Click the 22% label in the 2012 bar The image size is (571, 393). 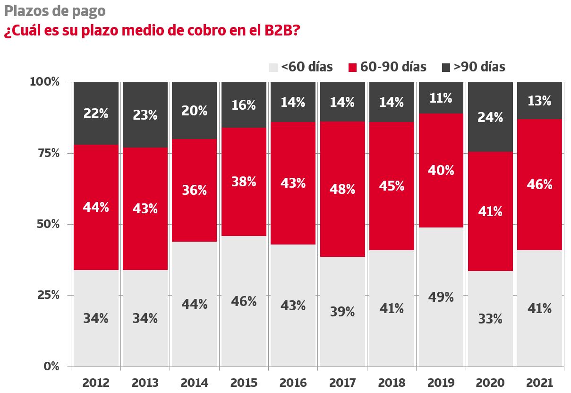pyautogui.click(x=96, y=114)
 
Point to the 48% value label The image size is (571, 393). pyautogui.click(x=342, y=189)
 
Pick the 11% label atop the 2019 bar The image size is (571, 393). pyautogui.click(x=441, y=98)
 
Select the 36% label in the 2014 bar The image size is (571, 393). pyautogui.click(x=195, y=190)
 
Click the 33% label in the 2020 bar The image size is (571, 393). pyautogui.click(x=490, y=319)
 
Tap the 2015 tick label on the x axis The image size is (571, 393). pyautogui.click(x=244, y=383)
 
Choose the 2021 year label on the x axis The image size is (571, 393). pyautogui.click(x=539, y=383)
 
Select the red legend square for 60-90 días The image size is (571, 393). pyautogui.click(x=352, y=68)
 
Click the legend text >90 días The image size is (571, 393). pyautogui.click(x=479, y=67)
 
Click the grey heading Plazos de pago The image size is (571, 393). pyautogui.click(x=55, y=10)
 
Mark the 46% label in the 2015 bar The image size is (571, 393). pyautogui.click(x=244, y=301)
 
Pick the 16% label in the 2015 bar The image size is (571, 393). pyautogui.click(x=244, y=105)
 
